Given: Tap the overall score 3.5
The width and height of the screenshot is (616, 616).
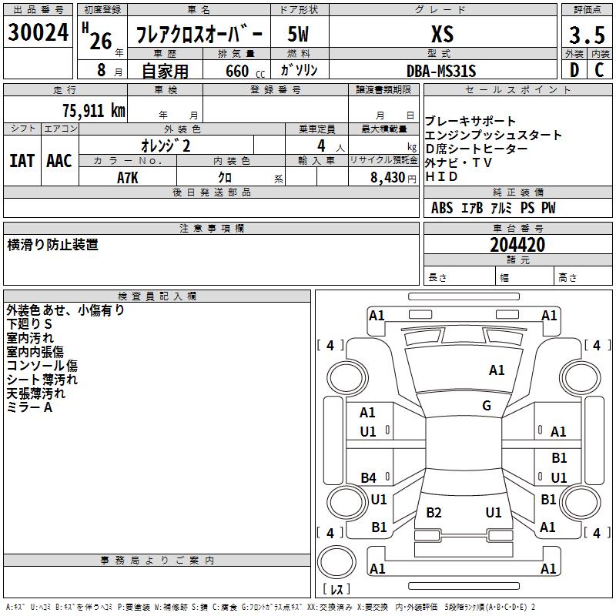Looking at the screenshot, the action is click(x=586, y=35).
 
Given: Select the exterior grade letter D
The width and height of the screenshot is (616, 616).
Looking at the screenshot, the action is click(x=574, y=69).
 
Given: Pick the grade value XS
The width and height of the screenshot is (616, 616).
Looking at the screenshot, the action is click(x=442, y=34).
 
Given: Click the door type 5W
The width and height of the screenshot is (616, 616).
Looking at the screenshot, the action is click(x=300, y=34).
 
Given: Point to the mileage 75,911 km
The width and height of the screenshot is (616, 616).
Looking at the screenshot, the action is click(x=94, y=110).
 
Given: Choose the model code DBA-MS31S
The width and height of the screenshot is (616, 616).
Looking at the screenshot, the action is click(x=441, y=70).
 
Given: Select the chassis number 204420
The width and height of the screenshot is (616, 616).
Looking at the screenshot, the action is click(x=517, y=245).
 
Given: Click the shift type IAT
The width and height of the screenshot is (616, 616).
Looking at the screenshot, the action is click(x=22, y=161).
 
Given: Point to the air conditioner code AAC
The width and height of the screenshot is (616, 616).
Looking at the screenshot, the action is click(x=59, y=161).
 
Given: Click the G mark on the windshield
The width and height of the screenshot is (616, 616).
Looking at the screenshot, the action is click(x=487, y=406).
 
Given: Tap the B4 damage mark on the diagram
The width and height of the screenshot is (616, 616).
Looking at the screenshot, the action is click(x=369, y=478).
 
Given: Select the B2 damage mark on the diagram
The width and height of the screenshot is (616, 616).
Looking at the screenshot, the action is click(x=434, y=512).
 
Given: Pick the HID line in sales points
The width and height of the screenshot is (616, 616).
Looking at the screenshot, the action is click(x=442, y=176).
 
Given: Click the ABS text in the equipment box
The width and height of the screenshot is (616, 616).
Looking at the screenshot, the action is click(x=442, y=208).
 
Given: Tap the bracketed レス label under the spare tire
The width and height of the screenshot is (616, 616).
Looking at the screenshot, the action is click(x=336, y=590).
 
